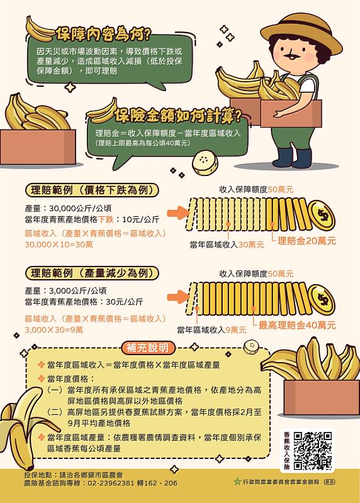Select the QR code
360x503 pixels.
click(312, 450)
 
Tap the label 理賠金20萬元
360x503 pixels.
click(307, 240)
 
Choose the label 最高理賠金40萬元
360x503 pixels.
click(297, 325)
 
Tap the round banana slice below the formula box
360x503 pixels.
click(205, 162)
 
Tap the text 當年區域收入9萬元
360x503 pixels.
click(211, 329)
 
